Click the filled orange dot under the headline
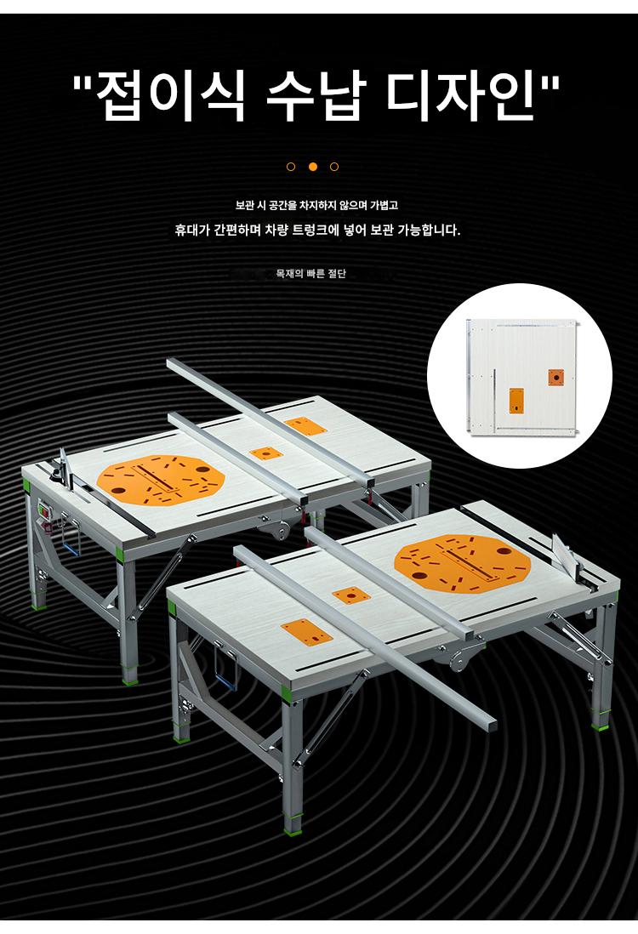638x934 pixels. [313, 167]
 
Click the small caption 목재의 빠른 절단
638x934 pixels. [311, 274]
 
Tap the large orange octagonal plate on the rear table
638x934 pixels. [161, 481]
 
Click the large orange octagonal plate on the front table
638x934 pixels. [462, 565]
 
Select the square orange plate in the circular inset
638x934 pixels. [555, 378]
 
